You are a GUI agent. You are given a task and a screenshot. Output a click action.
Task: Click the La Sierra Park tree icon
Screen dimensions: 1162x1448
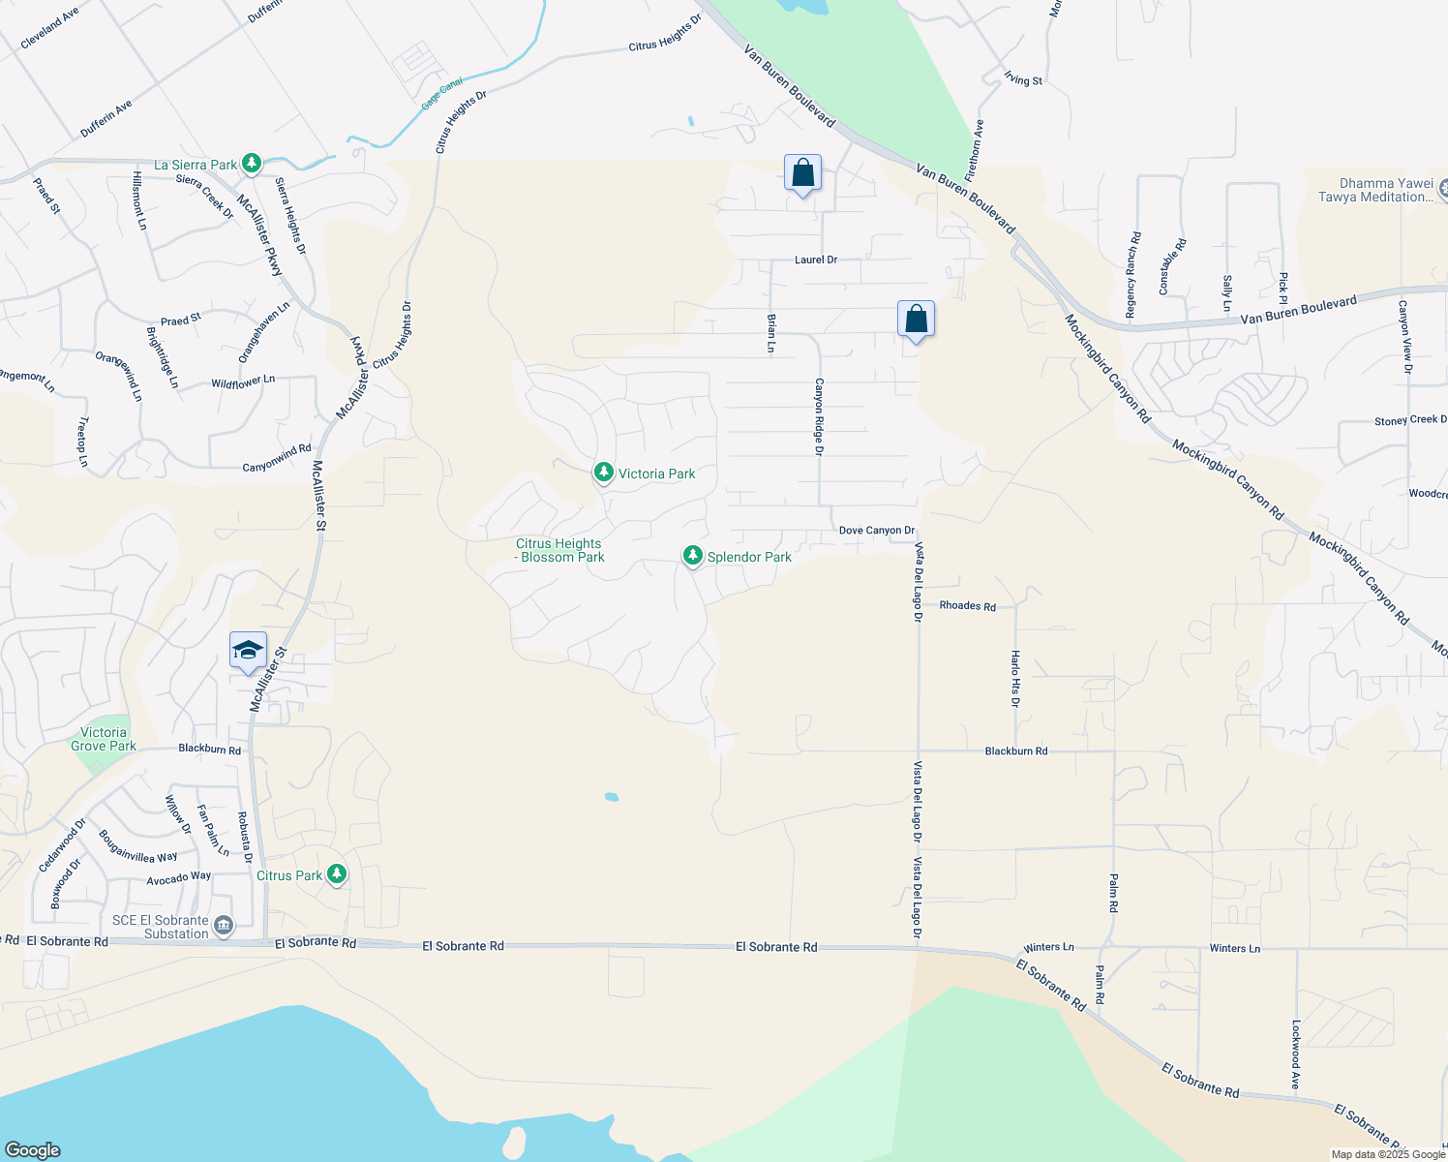[252, 164]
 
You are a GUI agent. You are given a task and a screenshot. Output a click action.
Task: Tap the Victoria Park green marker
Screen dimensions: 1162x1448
[604, 473]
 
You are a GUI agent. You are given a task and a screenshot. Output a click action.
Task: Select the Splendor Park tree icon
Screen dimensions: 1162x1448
[692, 556]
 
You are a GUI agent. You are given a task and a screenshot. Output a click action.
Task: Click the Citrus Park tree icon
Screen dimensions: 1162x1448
[337, 874]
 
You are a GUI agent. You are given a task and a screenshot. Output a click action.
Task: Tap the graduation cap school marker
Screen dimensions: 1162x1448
[248, 650]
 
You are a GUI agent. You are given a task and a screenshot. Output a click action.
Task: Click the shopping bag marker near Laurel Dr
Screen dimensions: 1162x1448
[802, 173]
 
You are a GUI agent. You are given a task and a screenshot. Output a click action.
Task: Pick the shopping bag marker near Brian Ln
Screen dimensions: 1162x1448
[916, 320]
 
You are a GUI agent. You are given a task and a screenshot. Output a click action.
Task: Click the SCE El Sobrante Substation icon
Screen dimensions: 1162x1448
[224, 927]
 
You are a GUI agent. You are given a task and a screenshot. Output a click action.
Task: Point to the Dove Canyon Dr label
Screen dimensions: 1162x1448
[876, 531]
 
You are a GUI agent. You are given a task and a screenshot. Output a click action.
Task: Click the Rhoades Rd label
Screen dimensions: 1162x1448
[967, 606]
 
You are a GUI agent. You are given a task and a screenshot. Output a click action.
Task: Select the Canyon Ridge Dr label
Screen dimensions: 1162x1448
[819, 416]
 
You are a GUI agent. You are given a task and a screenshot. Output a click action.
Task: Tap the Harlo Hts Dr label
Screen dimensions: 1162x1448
[1015, 678]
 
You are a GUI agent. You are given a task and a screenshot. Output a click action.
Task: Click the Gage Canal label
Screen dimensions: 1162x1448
[442, 94]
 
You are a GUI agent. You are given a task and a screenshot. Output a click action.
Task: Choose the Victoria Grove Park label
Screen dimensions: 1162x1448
[103, 739]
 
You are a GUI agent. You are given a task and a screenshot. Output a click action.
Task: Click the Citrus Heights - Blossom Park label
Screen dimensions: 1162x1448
[559, 550]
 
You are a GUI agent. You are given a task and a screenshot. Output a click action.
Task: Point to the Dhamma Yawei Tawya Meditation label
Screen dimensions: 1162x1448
[1386, 190]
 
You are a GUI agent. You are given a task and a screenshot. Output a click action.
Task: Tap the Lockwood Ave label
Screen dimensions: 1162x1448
[1295, 1055]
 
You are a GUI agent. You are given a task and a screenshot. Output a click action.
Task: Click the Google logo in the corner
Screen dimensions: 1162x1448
[32, 1149]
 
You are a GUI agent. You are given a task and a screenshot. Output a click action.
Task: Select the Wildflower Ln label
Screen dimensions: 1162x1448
[243, 382]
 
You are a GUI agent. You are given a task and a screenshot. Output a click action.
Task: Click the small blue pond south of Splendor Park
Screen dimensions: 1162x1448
[611, 797]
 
